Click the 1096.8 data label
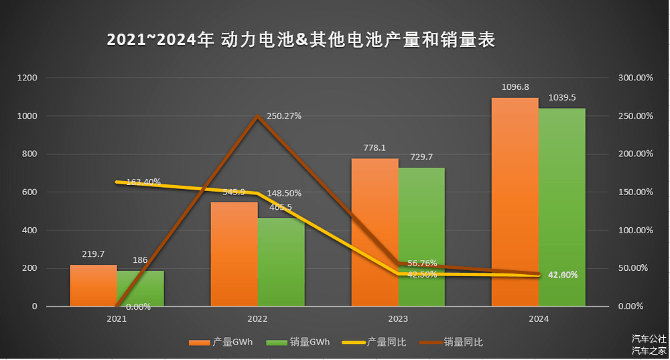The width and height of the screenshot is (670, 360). click(x=515, y=87)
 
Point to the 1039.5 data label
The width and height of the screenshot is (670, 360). click(x=561, y=97)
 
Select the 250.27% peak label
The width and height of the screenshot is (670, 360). click(x=284, y=116)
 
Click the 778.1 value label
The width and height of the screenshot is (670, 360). click(x=375, y=148)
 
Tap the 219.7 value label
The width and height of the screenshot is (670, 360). click(x=93, y=254)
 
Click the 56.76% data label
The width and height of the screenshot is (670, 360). click(x=421, y=263)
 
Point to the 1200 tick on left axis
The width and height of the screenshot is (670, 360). click(x=27, y=78)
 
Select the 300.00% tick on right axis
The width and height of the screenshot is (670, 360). click(x=634, y=78)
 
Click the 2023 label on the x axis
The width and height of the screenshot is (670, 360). click(x=397, y=319)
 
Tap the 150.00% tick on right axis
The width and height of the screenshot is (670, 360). click(x=634, y=192)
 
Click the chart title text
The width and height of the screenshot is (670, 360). click(x=301, y=40)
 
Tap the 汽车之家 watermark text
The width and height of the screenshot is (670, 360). click(x=649, y=350)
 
